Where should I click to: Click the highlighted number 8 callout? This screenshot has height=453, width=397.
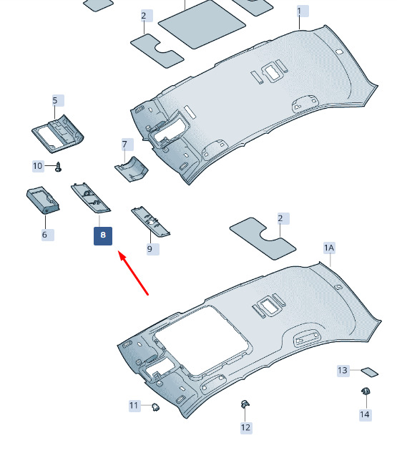coord(103,235)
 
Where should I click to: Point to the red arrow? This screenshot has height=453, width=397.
coord(133,273)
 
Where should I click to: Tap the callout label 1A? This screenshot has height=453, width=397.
coord(329,248)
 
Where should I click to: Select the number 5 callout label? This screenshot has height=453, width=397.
coord(58,100)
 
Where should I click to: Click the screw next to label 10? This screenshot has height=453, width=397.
coord(59,167)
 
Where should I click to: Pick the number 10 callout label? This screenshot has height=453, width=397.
coord(38,166)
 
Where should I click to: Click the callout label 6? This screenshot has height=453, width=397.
coord(48,234)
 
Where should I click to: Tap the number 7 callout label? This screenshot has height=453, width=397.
coord(127,145)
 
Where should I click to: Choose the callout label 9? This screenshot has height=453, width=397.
coord(153,249)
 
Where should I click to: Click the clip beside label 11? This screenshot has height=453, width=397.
coord(156,407)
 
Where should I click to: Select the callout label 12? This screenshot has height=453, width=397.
coord(246,427)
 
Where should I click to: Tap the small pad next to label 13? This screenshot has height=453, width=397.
coord(370,372)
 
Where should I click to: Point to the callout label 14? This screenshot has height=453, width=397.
coord(365,415)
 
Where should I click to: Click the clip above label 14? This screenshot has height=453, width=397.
coord(366,391)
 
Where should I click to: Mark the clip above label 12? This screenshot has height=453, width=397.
coord(245,404)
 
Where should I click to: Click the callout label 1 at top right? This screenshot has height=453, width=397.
coord(303,11)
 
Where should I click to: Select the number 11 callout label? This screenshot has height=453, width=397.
coord(134,406)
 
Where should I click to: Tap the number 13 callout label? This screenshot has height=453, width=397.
coord(343,371)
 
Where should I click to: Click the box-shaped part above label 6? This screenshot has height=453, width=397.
coord(43,200)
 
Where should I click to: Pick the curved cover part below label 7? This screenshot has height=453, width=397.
coord(132,169)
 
